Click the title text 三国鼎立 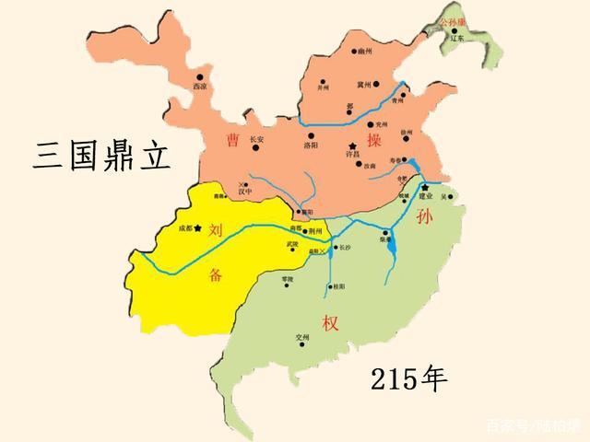point(102,154)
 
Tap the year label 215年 point(408,377)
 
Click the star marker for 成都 point(197,227)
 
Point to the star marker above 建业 point(425,188)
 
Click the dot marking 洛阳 point(309,134)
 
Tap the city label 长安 point(256,139)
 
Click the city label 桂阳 point(336,286)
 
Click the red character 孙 point(425,218)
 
